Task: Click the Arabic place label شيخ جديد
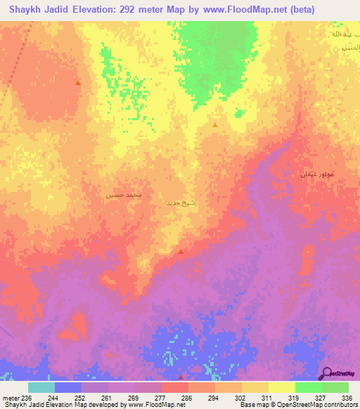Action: (181, 204)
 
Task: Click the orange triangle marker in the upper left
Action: (78, 83)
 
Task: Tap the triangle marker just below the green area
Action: (215, 124)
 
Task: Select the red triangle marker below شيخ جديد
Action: (181, 252)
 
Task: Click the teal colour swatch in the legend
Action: (41, 387)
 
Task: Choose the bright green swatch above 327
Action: (308, 387)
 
